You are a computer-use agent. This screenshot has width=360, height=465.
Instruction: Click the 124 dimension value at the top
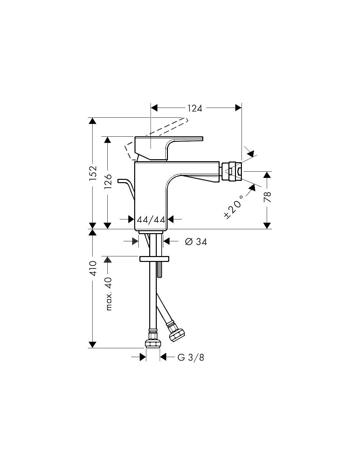click(x=195, y=109)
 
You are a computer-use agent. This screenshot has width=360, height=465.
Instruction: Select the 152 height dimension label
click(x=93, y=173)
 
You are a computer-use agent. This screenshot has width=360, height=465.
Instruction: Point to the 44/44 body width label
click(x=151, y=219)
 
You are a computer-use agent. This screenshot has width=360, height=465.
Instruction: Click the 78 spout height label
click(x=267, y=197)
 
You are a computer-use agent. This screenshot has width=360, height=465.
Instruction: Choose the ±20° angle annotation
click(x=234, y=206)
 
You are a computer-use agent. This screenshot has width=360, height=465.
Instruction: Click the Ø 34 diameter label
click(x=196, y=242)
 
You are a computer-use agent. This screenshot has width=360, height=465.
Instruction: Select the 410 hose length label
click(x=93, y=268)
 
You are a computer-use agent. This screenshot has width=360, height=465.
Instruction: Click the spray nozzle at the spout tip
click(x=232, y=171)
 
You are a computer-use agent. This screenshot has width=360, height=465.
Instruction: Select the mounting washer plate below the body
click(x=154, y=259)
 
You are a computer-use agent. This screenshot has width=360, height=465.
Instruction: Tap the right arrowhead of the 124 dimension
click(x=238, y=108)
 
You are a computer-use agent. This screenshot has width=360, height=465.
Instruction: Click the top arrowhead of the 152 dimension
click(x=93, y=121)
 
